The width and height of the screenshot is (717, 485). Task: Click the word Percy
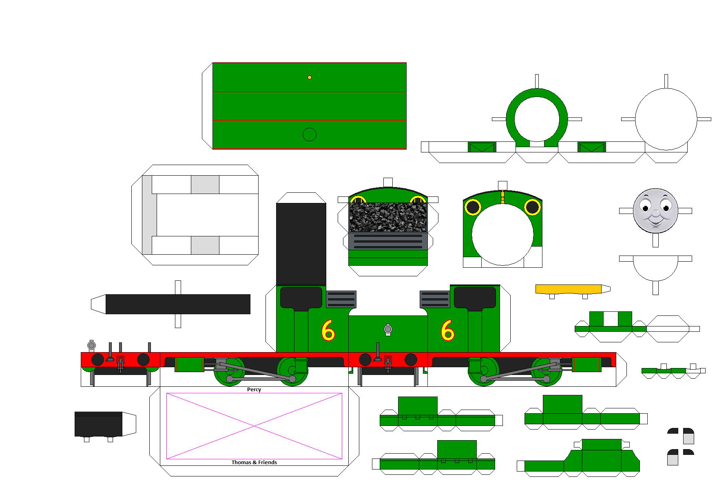(x=254, y=390)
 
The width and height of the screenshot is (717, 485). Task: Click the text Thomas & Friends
(x=254, y=462)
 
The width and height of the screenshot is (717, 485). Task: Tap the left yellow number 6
(x=328, y=330)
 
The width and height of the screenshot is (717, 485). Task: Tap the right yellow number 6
(x=447, y=330)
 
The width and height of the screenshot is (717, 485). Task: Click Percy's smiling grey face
(x=655, y=211)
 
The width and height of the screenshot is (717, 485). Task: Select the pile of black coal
(x=388, y=217)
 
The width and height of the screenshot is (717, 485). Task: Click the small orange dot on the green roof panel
(x=310, y=77)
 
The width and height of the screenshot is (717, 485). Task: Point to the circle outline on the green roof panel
(x=310, y=134)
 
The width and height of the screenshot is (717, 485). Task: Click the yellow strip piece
(x=568, y=289)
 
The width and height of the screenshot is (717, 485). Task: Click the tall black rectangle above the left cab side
(x=301, y=244)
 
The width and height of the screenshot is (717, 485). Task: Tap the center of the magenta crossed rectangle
(x=254, y=426)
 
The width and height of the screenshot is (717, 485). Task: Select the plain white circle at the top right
(x=666, y=119)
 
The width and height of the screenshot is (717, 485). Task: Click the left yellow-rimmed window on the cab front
(x=473, y=207)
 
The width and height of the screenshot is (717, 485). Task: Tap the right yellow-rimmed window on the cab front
(x=532, y=207)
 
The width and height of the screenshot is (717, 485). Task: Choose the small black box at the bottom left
(x=98, y=424)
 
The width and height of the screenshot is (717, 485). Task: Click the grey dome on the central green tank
(x=388, y=329)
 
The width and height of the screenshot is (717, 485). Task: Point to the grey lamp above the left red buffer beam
(x=92, y=346)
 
